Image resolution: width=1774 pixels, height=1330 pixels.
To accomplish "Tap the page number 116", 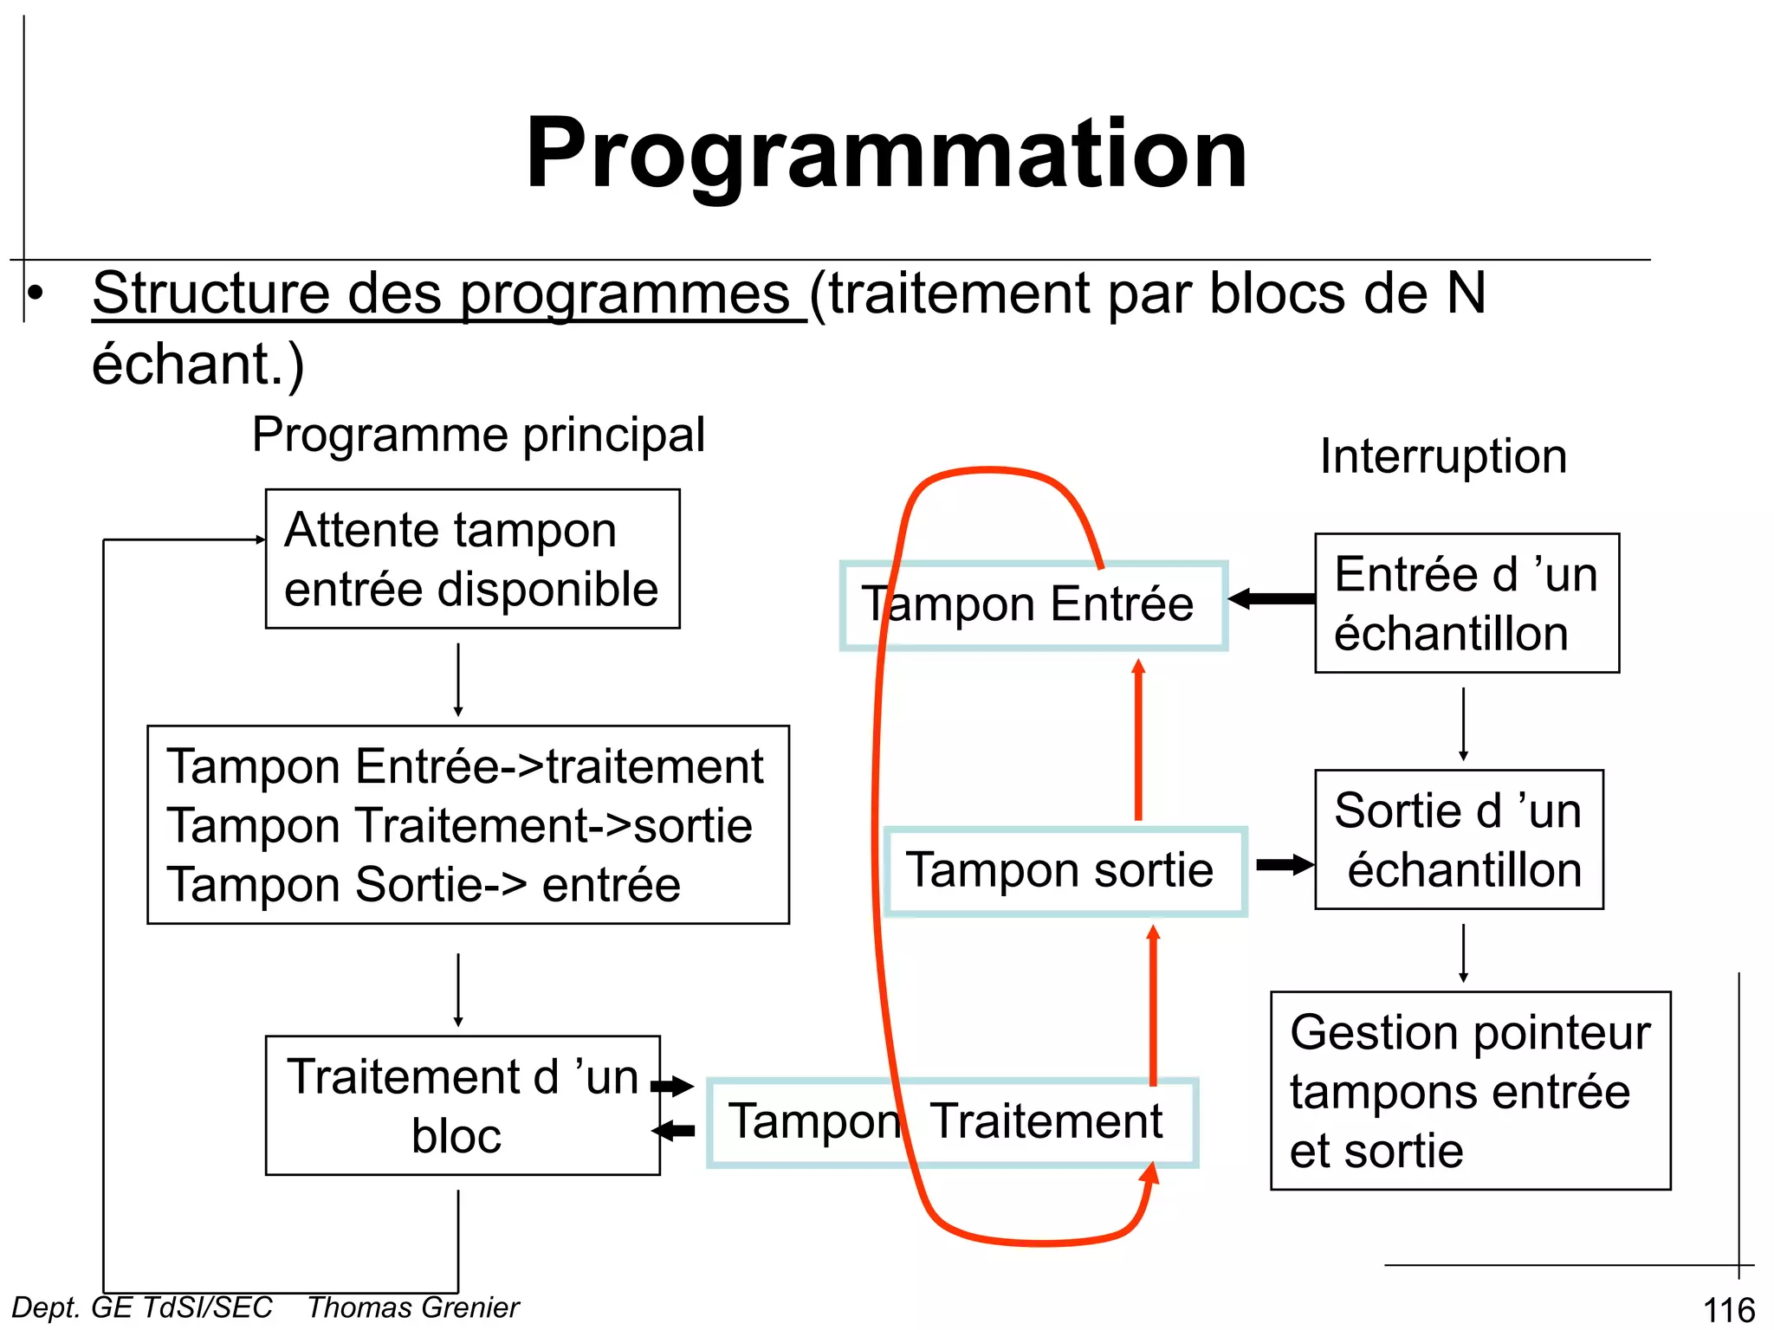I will (x=1728, y=1310).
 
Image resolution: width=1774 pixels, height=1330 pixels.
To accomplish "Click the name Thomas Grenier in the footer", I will (x=413, y=1307).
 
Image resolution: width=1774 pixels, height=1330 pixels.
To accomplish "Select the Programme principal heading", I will (x=478, y=435).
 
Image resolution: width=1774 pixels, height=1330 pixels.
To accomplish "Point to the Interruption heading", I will (x=1443, y=456).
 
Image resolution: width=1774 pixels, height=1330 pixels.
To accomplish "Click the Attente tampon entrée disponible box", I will (x=472, y=559).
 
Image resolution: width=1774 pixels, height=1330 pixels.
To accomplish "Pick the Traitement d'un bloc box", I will (x=462, y=1106).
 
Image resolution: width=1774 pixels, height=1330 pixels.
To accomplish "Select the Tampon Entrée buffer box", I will (x=1033, y=605).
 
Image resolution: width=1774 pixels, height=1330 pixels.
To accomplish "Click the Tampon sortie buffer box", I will (x=1065, y=871).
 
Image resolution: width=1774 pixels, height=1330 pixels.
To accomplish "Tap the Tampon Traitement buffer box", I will (x=953, y=1122).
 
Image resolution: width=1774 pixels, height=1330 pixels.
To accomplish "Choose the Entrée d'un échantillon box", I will (x=1466, y=604).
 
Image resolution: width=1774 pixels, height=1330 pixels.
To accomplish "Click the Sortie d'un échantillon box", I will (x=1459, y=840).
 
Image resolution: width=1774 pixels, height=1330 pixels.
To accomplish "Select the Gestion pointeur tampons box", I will (x=1470, y=1091).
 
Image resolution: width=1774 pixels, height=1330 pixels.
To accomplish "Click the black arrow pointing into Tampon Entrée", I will (x=1271, y=598).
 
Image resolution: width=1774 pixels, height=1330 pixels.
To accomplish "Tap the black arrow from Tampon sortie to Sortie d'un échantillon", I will (x=1285, y=864).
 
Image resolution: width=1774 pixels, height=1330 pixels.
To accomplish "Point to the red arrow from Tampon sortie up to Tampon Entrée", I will (x=1138, y=740).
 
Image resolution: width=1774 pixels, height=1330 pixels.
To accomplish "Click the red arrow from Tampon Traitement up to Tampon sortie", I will (x=1153, y=1004).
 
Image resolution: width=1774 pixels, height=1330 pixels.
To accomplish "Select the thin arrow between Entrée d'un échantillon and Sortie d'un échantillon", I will (x=1464, y=724).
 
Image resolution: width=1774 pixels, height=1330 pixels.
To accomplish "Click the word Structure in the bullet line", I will (x=211, y=294).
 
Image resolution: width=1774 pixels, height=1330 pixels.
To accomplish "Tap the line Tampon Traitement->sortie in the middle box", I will (x=459, y=825).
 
